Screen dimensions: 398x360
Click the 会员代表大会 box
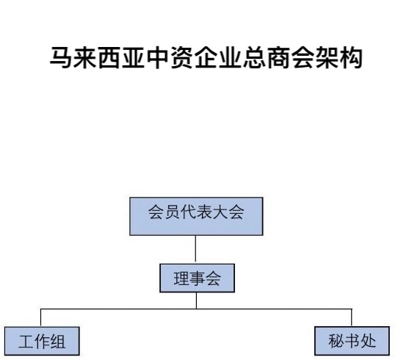coord(196,216)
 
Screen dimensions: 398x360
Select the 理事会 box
coord(197,278)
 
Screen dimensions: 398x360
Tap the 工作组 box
coord(42,341)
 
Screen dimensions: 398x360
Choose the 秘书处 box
coord(352,341)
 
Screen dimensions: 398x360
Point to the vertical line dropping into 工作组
coord(40,318)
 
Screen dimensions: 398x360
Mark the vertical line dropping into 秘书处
coord(352,317)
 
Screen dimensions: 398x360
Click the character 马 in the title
coord(60,57)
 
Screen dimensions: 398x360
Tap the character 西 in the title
coord(109,57)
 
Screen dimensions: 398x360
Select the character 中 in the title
coord(157,57)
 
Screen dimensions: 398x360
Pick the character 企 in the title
coord(206,57)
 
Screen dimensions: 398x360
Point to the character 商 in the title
coord(279,57)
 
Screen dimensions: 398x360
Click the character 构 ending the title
coord(352,57)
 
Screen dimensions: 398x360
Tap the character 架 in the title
coord(328,57)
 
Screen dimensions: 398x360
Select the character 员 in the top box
coord(172,212)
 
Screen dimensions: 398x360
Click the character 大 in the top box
coord(220,212)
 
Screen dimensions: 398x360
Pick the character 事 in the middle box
coord(197,278)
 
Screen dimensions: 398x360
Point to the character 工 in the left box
coord(26,342)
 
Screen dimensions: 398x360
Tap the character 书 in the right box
coord(352,341)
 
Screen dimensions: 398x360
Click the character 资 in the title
coord(181,57)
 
